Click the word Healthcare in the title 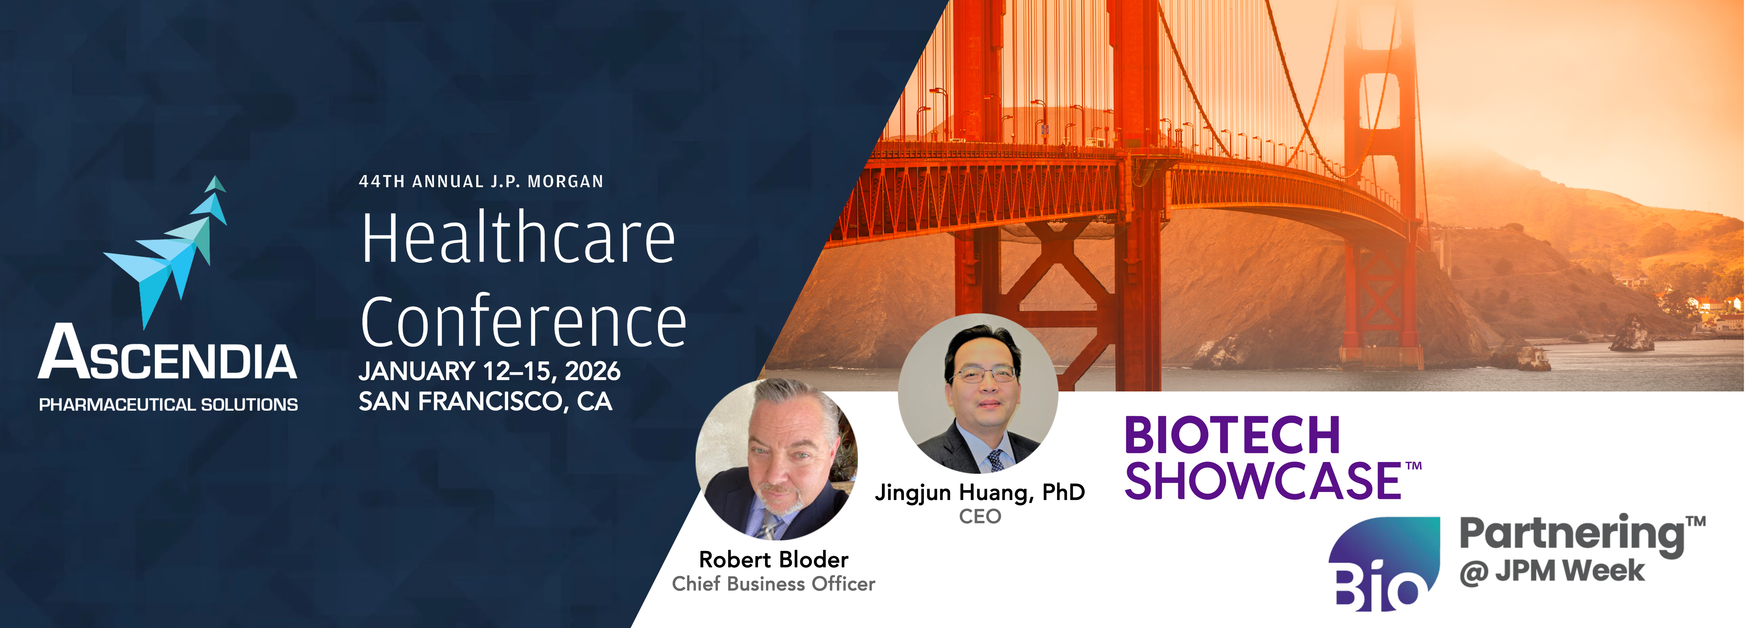tap(518, 238)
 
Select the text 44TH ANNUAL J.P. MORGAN tap(481, 181)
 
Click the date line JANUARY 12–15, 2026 tap(489, 371)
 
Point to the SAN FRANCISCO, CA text tap(485, 402)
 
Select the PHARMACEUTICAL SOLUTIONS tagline tap(168, 404)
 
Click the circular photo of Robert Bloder tap(776, 459)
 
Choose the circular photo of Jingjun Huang tap(978, 393)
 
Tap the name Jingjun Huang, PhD tap(980, 493)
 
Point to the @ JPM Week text tap(1551, 571)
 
